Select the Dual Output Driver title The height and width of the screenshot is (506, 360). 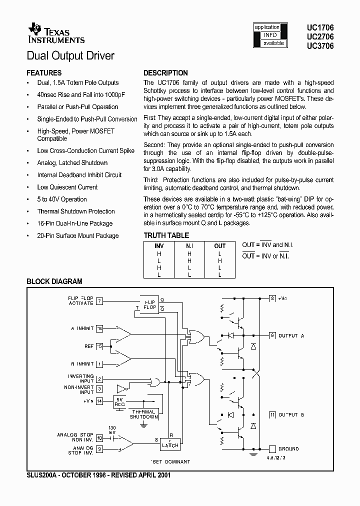tap(70, 55)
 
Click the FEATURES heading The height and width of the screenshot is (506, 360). tap(44, 72)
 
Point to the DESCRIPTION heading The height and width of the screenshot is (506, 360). tap(165, 72)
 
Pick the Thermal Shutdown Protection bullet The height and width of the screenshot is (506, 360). tap(76, 211)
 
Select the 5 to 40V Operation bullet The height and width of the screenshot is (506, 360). tap(61, 199)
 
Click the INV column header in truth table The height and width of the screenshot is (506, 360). tap(159, 246)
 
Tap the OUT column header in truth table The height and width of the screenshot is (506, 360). tap(219, 246)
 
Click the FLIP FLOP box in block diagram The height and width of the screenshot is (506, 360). tap(149, 305)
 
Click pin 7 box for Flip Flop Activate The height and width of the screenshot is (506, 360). tap(100, 301)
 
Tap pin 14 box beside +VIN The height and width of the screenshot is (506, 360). tap(100, 401)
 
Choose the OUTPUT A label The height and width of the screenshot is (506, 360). tap(291, 335)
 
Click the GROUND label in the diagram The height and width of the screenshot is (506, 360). tap(288, 449)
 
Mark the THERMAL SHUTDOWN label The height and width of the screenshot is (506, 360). tap(144, 414)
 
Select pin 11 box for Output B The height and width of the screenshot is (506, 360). tap(272, 415)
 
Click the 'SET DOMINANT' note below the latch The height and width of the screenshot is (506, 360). tap(170, 461)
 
